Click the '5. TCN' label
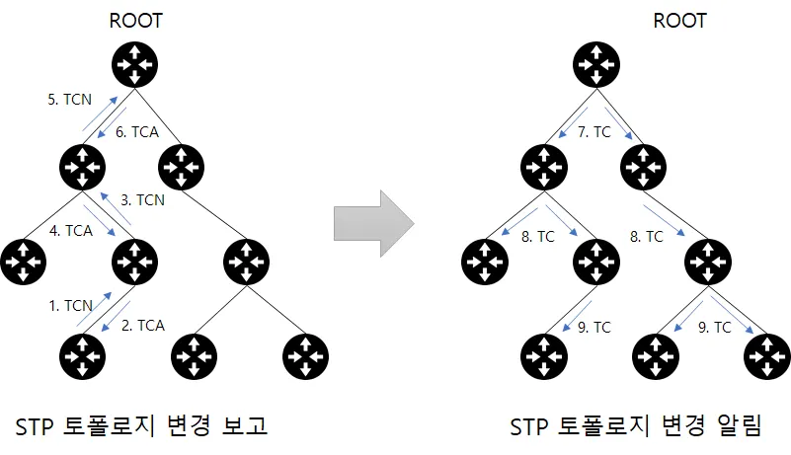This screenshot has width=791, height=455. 69,100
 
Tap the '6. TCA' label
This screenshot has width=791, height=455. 137,132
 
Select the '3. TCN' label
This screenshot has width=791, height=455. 142,200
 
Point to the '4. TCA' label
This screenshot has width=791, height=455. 71,231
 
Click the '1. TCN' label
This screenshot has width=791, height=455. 71,305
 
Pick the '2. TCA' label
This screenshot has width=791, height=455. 143,326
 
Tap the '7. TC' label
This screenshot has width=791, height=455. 594,132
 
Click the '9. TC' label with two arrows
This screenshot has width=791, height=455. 714,328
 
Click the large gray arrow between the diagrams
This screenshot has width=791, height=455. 374,223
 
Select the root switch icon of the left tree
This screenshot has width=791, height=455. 134,64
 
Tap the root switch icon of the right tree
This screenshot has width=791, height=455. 596,64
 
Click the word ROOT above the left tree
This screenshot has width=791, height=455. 135,21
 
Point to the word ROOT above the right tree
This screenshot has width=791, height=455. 679,21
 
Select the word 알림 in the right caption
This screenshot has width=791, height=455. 739,426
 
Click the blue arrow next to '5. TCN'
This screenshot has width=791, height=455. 100,114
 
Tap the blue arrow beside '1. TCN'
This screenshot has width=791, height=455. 95,309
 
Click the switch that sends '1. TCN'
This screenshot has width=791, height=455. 82,356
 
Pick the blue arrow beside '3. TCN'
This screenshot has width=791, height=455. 116,208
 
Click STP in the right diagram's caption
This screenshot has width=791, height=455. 528,427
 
